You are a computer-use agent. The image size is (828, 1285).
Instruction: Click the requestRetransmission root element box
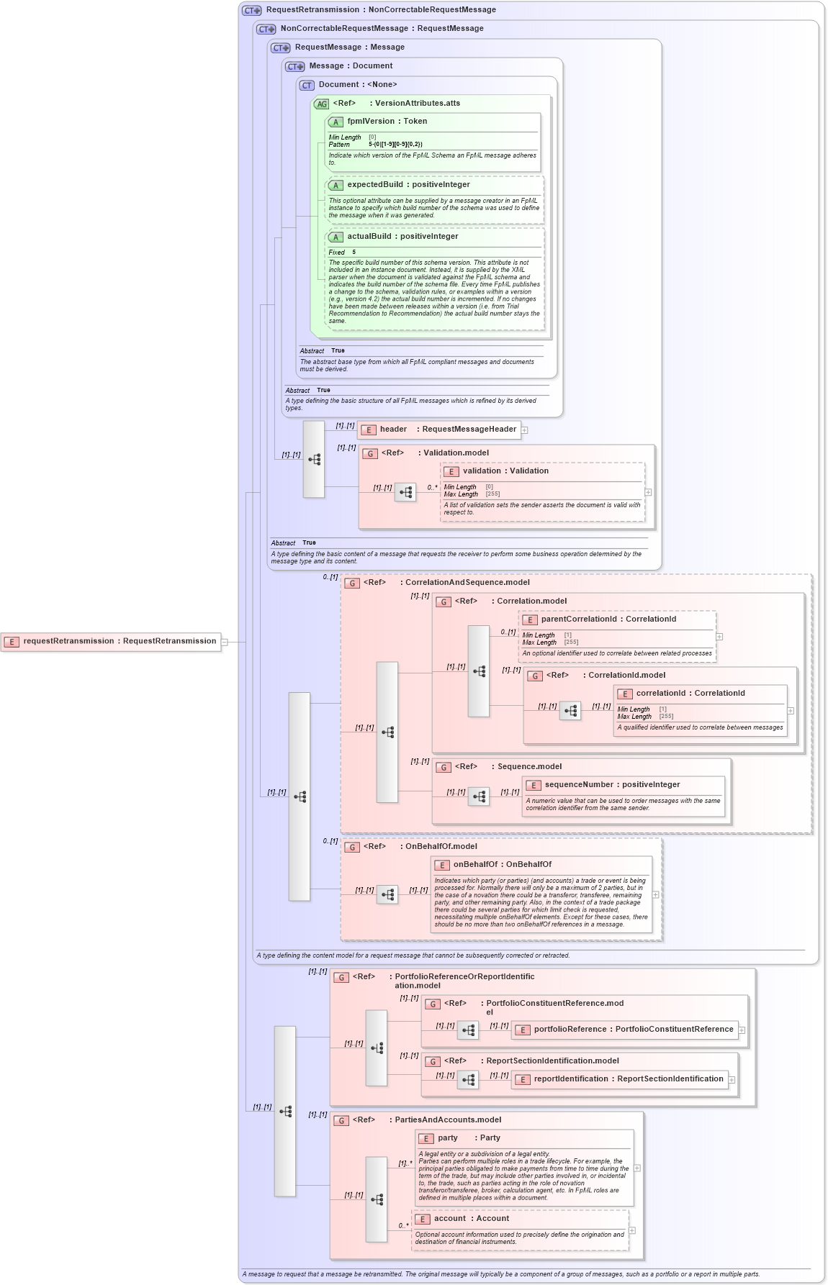coord(112,641)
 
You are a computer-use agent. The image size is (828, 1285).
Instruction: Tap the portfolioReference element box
coord(625,1030)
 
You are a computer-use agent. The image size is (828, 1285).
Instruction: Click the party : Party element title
coord(468,1138)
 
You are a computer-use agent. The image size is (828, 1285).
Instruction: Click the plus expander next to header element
coord(525,430)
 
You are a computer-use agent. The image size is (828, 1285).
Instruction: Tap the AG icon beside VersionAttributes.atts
coord(321,104)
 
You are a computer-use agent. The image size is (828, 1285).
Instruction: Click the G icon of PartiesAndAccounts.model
coord(341,1121)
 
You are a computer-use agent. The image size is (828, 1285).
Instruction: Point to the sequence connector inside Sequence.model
coord(479,796)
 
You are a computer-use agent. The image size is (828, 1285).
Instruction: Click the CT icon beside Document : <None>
coord(307,86)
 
